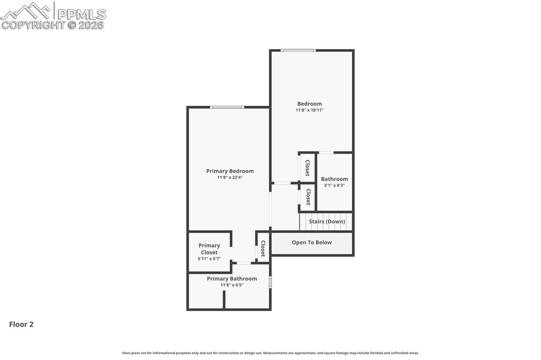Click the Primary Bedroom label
pyautogui.click(x=230, y=171)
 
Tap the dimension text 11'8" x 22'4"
pyautogui.click(x=230, y=178)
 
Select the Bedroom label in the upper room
pyautogui.click(x=310, y=104)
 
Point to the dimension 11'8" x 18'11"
pyautogui.click(x=310, y=110)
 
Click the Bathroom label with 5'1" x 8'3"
pyautogui.click(x=334, y=179)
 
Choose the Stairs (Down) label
pyautogui.click(x=327, y=222)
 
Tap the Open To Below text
pyautogui.click(x=312, y=243)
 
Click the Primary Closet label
pyautogui.click(x=209, y=249)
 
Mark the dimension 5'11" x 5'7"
pyautogui.click(x=209, y=259)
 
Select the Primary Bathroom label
pyautogui.click(x=232, y=279)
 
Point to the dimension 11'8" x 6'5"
pyautogui.click(x=232, y=285)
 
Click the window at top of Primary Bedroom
pyautogui.click(x=227, y=107)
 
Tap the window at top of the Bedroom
pyautogui.click(x=298, y=50)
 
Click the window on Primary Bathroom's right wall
pyautogui.click(x=270, y=282)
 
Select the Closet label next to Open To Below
pyautogui.click(x=263, y=248)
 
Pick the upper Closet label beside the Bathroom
pyautogui.click(x=307, y=168)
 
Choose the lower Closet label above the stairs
pyautogui.click(x=308, y=197)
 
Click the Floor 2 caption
pyautogui.click(x=21, y=325)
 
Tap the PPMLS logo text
pyautogui.click(x=81, y=14)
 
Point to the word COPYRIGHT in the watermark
pyautogui.click(x=33, y=25)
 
